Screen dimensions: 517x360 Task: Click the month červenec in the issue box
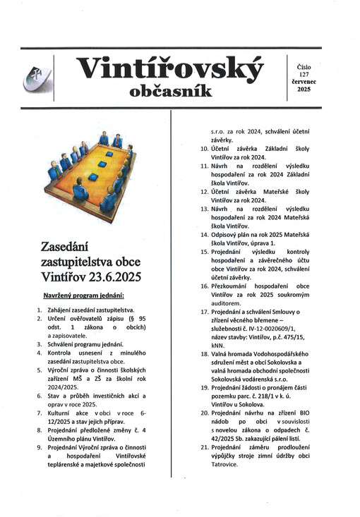(305, 81)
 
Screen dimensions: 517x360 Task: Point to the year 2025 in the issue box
(304, 90)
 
